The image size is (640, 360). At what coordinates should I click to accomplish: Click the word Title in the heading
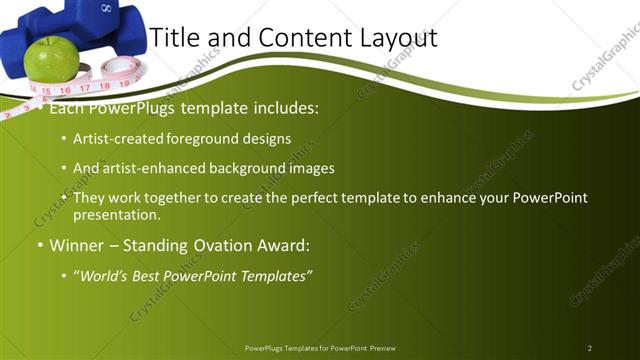coord(173,37)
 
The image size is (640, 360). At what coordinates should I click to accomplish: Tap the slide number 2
coord(589,347)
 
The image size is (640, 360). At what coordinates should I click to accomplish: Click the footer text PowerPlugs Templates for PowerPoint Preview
coord(319,347)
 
